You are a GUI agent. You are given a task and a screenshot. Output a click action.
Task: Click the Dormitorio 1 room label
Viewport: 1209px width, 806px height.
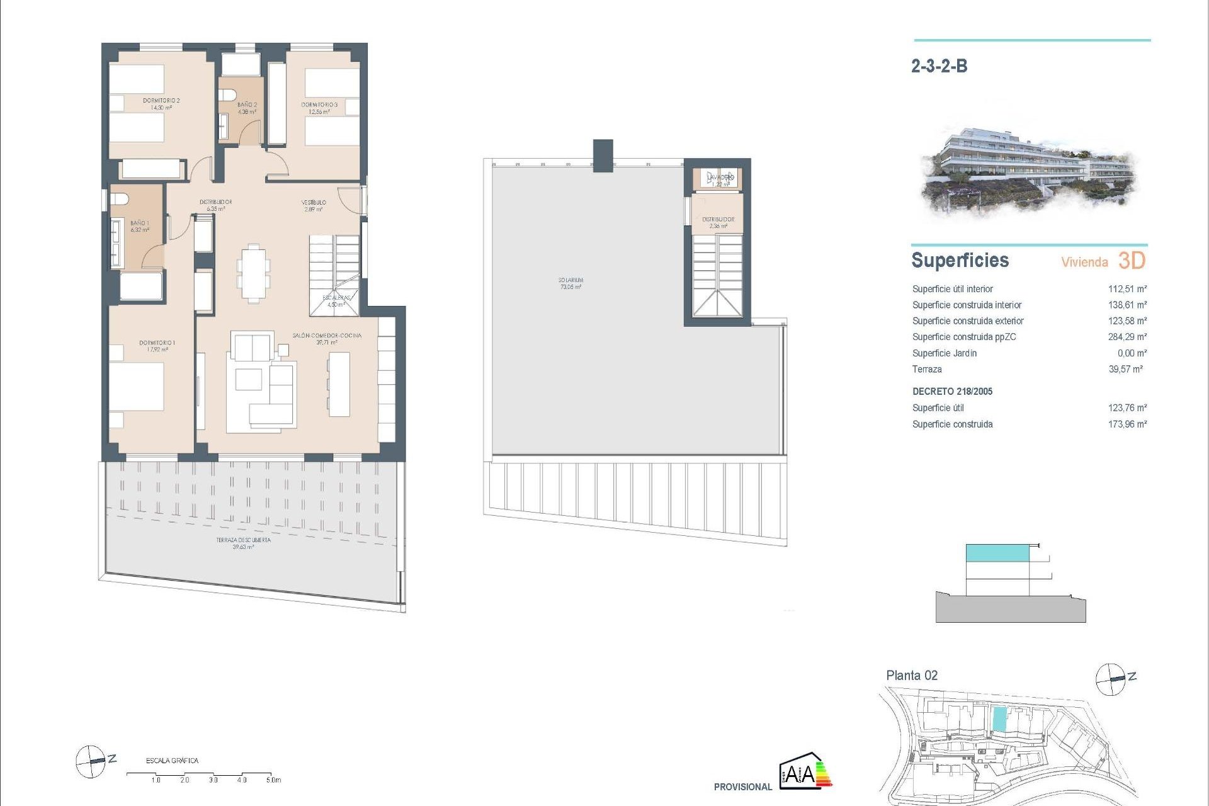(157, 346)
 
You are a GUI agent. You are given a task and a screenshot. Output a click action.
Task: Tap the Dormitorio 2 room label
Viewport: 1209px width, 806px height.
(161, 104)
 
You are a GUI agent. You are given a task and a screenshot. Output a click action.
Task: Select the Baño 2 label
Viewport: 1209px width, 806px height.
(247, 108)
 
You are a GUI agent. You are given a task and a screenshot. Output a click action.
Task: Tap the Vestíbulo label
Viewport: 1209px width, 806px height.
(313, 205)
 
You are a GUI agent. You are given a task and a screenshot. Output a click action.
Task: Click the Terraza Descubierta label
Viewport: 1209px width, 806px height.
(243, 543)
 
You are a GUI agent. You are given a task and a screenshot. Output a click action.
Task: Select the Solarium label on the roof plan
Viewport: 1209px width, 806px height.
(570, 283)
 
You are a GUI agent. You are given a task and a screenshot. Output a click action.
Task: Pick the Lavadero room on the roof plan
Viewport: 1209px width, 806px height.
(720, 179)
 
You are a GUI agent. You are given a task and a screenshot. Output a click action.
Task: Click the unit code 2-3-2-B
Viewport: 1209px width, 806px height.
(939, 66)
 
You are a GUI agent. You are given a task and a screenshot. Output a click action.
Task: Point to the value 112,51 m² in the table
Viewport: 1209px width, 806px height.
(1127, 289)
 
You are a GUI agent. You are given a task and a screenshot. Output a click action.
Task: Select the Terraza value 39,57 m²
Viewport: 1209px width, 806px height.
(1125, 370)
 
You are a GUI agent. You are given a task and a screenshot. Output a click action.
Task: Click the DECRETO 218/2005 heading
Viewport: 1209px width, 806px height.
(952, 392)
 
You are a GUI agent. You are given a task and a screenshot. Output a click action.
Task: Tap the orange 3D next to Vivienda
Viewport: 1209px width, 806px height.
(1132, 261)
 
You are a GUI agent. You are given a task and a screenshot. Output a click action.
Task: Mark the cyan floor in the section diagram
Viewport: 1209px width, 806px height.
(997, 553)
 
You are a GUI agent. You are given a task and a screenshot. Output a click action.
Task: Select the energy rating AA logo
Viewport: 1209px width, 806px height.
(805, 771)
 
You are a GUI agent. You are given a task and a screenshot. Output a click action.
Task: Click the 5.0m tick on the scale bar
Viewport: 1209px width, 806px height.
(271, 779)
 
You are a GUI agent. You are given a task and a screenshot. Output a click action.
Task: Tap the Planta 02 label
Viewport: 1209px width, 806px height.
(912, 676)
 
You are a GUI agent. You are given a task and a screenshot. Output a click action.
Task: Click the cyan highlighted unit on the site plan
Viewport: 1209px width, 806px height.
(999, 719)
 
